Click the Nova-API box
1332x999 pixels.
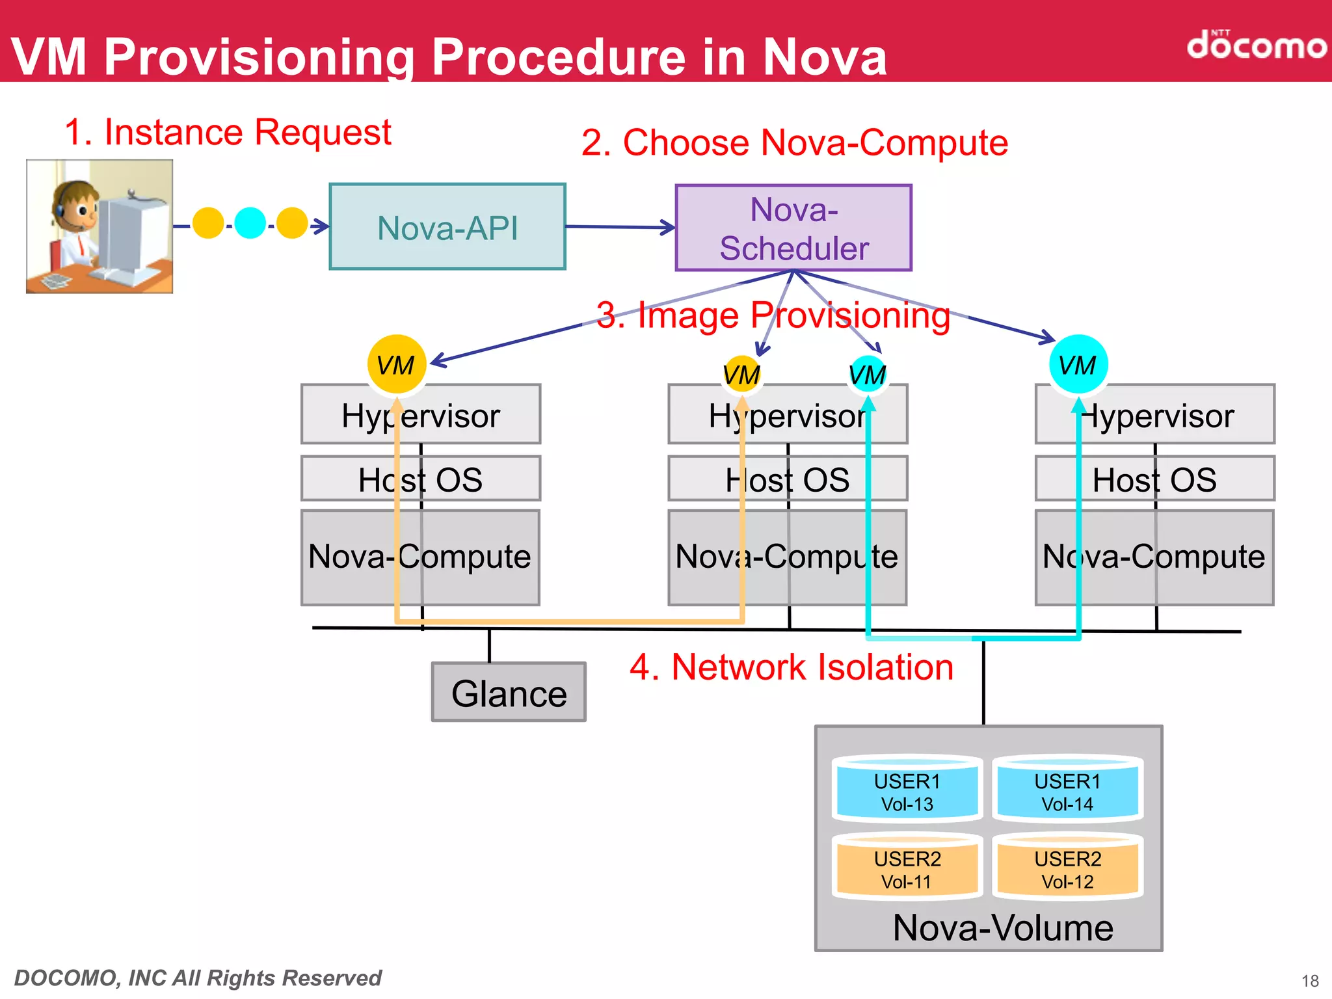pyautogui.click(x=447, y=227)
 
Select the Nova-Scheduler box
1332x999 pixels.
pyautogui.click(x=793, y=228)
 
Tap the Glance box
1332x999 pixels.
pyautogui.click(x=509, y=693)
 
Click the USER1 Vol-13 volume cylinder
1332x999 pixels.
pyautogui.click(x=907, y=790)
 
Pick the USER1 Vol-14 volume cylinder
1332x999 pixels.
pyautogui.click(x=1067, y=790)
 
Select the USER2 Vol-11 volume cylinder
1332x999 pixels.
pyautogui.click(x=907, y=868)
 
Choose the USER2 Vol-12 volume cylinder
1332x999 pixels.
pyautogui.click(x=1067, y=868)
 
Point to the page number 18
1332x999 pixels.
pyautogui.click(x=1310, y=981)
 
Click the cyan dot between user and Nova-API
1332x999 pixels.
pyautogui.click(x=250, y=223)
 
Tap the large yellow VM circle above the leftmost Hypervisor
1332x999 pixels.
pyautogui.click(x=396, y=364)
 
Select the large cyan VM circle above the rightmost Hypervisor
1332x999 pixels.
pyautogui.click(x=1078, y=364)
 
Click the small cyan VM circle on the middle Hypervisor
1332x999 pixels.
pyautogui.click(x=868, y=374)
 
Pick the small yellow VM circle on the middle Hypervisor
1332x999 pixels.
pyautogui.click(x=741, y=374)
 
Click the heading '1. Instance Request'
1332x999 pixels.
pyautogui.click(x=228, y=132)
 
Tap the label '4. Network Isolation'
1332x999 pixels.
pyautogui.click(x=791, y=667)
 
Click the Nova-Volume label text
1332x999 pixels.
pyautogui.click(x=1002, y=927)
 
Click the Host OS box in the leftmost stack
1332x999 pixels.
pyautogui.click(x=420, y=479)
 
